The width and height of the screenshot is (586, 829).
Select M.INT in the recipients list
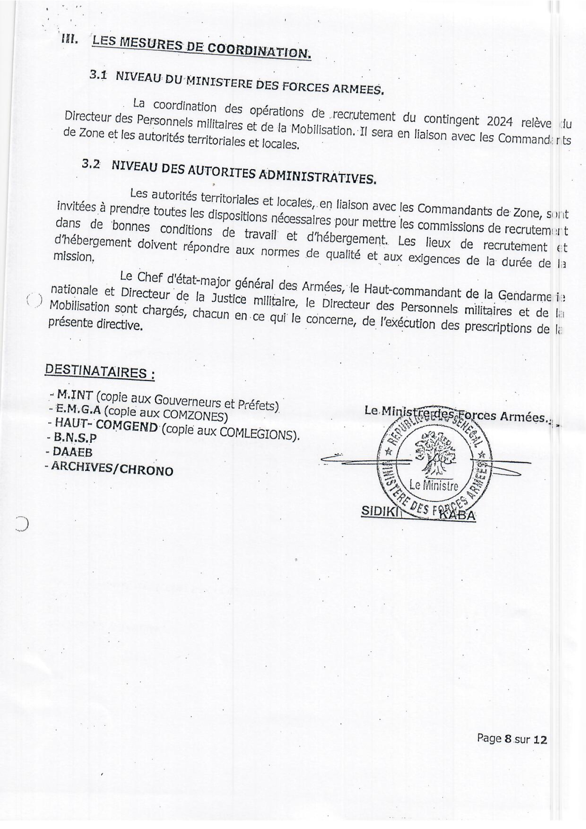click(x=75, y=394)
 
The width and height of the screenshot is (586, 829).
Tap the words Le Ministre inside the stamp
click(x=434, y=485)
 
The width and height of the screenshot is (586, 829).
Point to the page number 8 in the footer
click(x=508, y=739)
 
